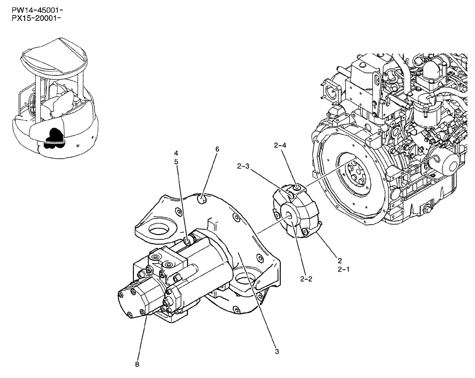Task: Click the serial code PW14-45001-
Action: pos(31,10)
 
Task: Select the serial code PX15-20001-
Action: pos(31,18)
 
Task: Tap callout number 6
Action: pos(217,149)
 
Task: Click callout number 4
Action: pos(176,153)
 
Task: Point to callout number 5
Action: pos(176,161)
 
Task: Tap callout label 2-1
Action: pos(343,269)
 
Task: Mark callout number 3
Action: pos(277,351)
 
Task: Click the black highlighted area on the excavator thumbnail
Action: pos(52,137)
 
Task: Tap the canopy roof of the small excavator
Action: pos(53,56)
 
